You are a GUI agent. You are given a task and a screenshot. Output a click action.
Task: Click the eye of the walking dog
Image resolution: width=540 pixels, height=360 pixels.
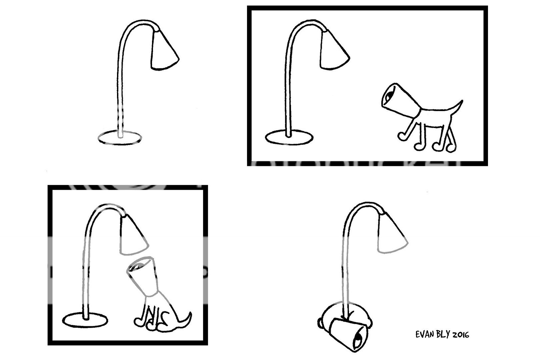click(x=388, y=97)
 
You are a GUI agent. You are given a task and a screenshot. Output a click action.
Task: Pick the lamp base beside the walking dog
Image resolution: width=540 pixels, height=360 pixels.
click(x=289, y=138)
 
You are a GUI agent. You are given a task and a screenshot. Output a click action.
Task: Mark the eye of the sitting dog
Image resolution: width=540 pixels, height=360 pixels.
click(x=136, y=267)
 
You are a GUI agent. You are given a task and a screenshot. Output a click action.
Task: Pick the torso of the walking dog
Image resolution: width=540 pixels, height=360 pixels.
click(x=433, y=115)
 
